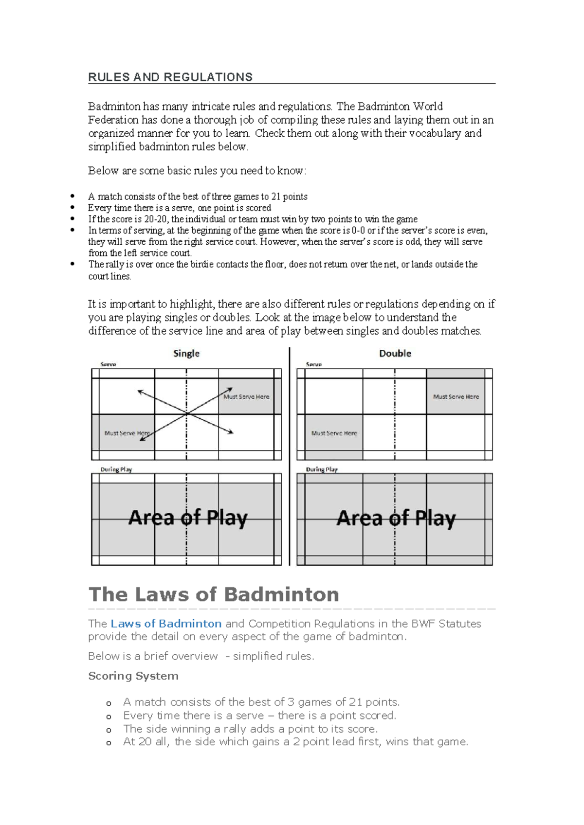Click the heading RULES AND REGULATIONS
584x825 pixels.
pos(170,77)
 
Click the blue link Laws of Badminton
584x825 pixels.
pos(166,624)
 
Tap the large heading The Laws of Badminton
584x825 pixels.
pos(214,594)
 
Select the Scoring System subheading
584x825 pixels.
pos(133,676)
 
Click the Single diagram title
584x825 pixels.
pos(186,354)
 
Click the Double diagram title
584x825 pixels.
pos(395,354)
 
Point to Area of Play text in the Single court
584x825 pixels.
pos(188,518)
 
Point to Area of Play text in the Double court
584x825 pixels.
pos(396,518)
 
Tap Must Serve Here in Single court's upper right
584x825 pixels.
pos(246,396)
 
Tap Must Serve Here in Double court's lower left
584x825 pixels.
pos(334,433)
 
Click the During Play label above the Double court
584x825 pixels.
pos(322,469)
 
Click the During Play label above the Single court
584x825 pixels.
pos(116,469)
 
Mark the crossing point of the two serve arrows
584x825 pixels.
pos(186,414)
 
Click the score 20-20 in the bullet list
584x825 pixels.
pos(156,219)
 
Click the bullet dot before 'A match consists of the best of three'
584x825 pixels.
pos(73,197)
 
